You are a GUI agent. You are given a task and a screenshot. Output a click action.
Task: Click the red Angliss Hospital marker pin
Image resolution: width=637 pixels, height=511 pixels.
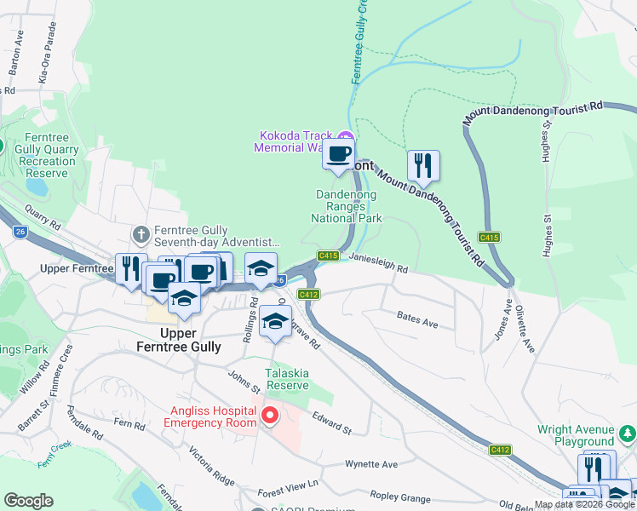(270, 416)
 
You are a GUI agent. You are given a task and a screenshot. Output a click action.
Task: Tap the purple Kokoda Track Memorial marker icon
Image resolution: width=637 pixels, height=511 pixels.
(345, 136)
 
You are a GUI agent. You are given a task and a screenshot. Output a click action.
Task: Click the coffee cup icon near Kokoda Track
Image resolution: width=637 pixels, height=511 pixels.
(338, 154)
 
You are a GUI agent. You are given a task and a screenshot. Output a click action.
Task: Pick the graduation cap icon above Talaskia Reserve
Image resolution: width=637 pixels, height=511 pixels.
(274, 321)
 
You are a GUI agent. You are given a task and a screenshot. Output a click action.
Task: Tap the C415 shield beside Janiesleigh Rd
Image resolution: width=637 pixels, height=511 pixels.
(329, 255)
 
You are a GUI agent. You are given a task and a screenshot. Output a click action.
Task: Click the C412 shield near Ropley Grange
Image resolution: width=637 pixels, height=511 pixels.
(500, 449)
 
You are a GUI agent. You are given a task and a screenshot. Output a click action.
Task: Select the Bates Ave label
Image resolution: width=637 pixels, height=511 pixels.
(417, 319)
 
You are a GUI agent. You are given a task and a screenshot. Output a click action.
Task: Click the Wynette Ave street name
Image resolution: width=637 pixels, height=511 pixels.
(371, 464)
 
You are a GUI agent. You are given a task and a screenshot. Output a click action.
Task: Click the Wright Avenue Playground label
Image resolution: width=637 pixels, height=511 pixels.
(576, 435)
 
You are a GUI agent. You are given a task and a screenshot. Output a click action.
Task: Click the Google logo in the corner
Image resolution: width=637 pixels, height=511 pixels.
(28, 501)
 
